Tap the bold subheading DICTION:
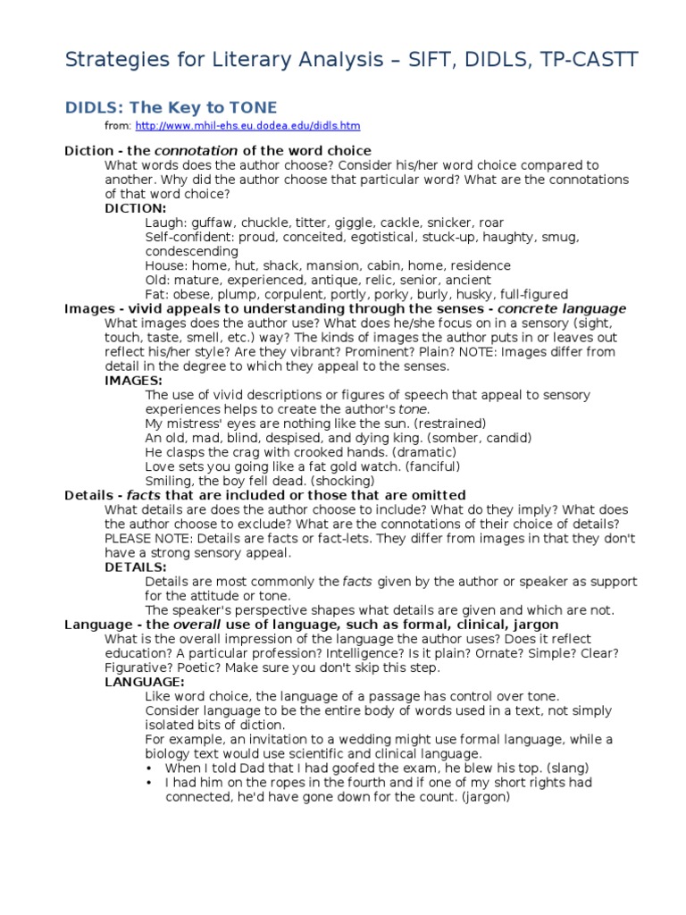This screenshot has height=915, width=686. point(136,208)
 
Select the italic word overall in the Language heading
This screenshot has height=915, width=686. point(197,624)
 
